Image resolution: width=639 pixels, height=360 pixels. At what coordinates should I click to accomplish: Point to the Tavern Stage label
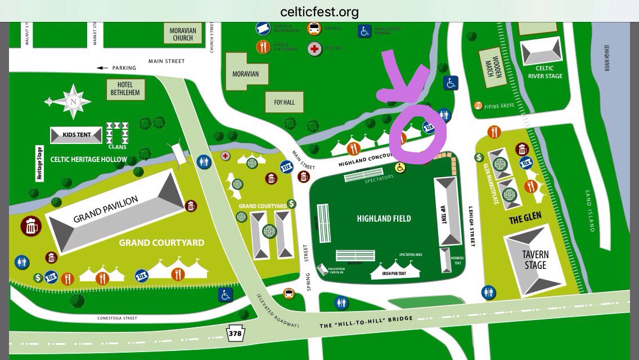pyautogui.click(x=535, y=260)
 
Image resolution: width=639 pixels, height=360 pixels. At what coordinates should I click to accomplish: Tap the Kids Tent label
pyautogui.click(x=78, y=135)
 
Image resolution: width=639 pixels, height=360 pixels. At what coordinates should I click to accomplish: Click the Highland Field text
pyautogui.click(x=384, y=218)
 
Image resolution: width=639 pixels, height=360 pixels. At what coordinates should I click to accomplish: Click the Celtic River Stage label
pyautogui.click(x=544, y=73)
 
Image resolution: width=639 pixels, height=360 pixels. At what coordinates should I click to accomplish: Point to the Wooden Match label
pyautogui.click(x=492, y=67)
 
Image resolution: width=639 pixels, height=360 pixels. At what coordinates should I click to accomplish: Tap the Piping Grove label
pyautogui.click(x=498, y=105)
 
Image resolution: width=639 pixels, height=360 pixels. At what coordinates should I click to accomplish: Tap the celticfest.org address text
pyautogui.click(x=319, y=12)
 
